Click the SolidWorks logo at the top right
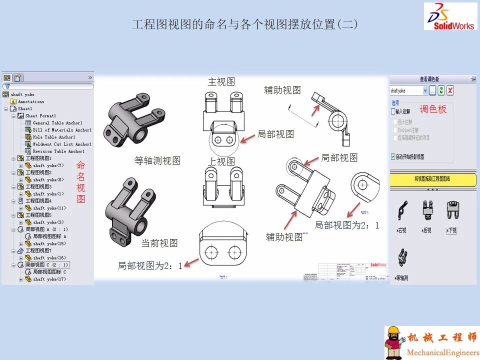point(450,16)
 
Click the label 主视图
point(221,81)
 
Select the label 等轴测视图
point(157,160)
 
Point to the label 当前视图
point(159,243)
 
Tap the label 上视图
point(221,161)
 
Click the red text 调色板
point(433,109)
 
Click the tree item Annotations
point(31,101)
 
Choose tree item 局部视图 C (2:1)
point(47,264)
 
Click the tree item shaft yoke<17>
point(49,279)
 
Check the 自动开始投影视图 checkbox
point(393,156)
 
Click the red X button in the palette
point(450,90)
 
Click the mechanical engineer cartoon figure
point(394,342)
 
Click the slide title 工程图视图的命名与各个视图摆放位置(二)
point(245,24)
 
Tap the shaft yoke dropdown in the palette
point(409,90)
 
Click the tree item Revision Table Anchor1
point(58,151)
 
